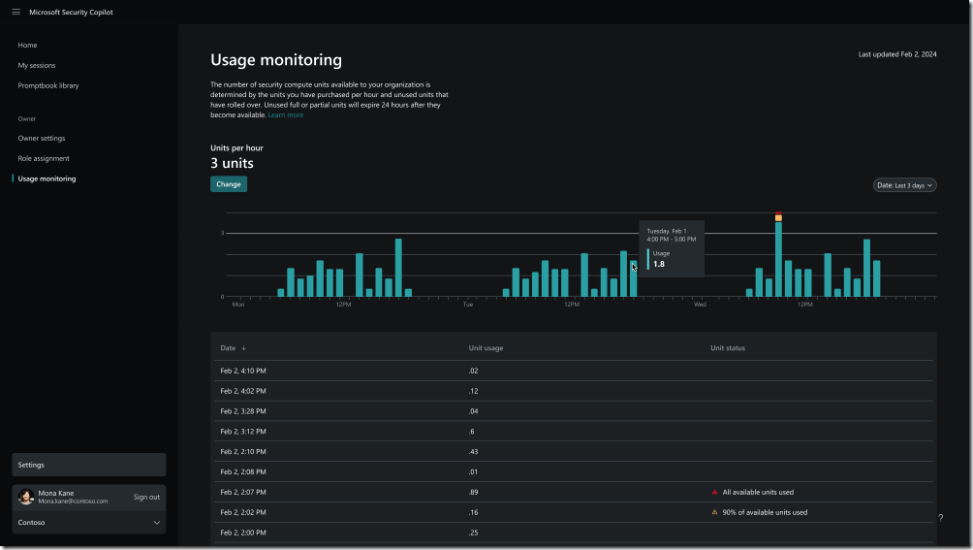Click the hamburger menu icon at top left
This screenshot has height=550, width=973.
pyautogui.click(x=16, y=12)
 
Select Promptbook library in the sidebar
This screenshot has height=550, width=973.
pyautogui.click(x=48, y=85)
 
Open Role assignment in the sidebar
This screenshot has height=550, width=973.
pyautogui.click(x=44, y=158)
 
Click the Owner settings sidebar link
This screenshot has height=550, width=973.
pyautogui.click(x=42, y=138)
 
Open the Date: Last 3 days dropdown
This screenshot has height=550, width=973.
pyautogui.click(x=905, y=184)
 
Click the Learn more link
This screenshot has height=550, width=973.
pyautogui.click(x=286, y=115)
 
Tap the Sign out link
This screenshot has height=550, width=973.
pyautogui.click(x=146, y=497)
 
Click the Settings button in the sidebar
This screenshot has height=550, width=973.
pyautogui.click(x=88, y=465)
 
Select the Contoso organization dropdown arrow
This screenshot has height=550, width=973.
pyautogui.click(x=156, y=523)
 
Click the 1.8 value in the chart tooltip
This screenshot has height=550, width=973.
pyautogui.click(x=659, y=264)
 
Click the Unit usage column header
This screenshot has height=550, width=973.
pyautogui.click(x=486, y=347)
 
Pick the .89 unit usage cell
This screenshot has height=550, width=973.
pyautogui.click(x=473, y=492)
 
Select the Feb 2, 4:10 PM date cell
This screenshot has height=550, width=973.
pyautogui.click(x=243, y=371)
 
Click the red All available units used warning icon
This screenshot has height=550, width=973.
pyautogui.click(x=714, y=492)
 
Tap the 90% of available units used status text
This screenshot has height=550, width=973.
pyautogui.click(x=765, y=512)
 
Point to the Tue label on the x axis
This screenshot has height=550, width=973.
pyautogui.click(x=467, y=305)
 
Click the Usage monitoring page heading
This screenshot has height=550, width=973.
pyautogui.click(x=276, y=60)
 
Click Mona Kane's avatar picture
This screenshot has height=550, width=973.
pyautogui.click(x=26, y=497)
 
